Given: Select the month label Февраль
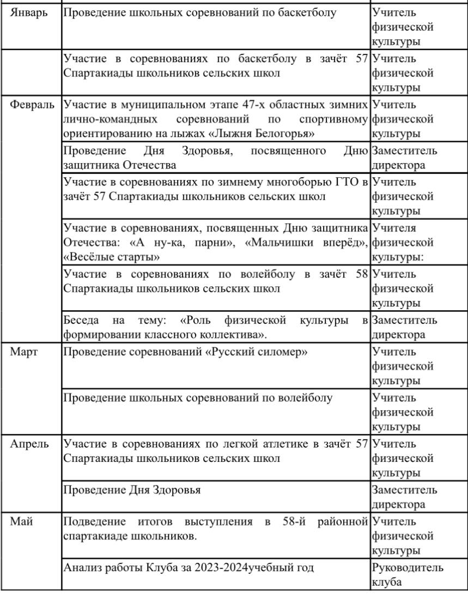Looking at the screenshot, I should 32,104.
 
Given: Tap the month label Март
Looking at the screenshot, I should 24,352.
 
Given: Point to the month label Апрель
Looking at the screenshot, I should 29,444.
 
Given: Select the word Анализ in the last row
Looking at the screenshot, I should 82,568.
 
